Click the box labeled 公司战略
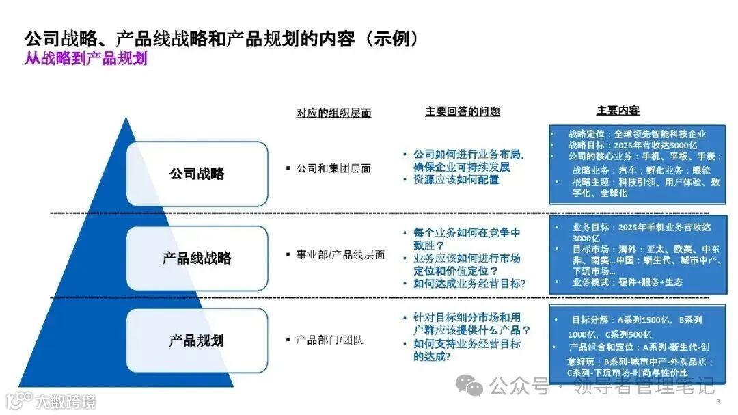[x=197, y=174]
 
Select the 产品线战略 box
[x=197, y=258]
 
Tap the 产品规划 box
[x=197, y=340]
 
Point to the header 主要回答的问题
[x=463, y=111]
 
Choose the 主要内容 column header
[x=618, y=111]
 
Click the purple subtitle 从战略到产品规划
[x=86, y=59]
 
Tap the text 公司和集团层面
[x=333, y=168]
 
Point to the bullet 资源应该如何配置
[x=456, y=180]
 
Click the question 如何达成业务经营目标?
[x=469, y=283]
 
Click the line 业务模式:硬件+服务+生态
[x=627, y=282]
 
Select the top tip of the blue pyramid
[x=126, y=120]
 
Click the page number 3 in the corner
[x=717, y=392]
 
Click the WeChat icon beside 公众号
[x=471, y=387]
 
